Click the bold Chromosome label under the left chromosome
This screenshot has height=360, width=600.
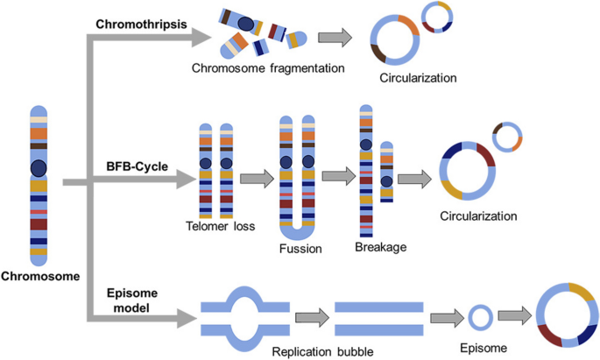40,276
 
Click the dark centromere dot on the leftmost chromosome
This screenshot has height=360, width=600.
38,167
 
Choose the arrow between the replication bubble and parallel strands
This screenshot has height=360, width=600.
309,317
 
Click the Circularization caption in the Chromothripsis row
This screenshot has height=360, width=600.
418,78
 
